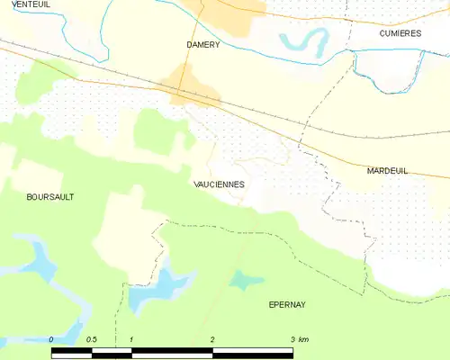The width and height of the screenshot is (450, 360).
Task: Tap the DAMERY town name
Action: (202, 44)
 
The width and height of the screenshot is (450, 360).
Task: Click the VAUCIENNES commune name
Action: (219, 184)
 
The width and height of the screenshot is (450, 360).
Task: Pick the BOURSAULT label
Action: (50, 196)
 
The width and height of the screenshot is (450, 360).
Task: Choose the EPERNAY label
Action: (287, 304)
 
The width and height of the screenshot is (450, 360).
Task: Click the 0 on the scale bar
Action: (52, 339)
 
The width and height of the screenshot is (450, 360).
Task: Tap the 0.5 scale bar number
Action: (91, 339)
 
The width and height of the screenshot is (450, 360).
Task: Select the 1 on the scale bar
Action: (131, 339)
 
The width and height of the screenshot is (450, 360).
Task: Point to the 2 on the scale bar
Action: (212, 339)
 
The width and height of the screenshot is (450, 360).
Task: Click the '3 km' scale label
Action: (300, 339)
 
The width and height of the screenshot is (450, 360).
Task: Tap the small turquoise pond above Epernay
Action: (241, 281)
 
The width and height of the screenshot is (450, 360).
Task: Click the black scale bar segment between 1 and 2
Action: (172, 350)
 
